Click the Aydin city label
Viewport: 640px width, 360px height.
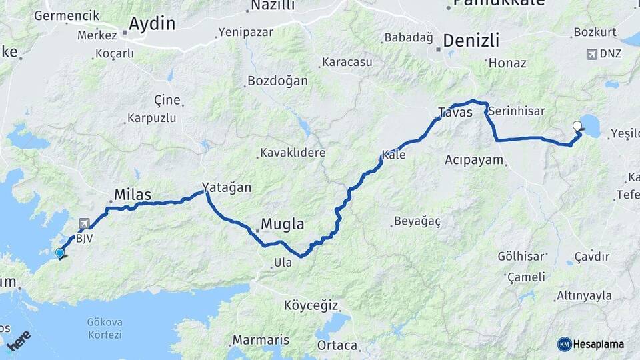152,25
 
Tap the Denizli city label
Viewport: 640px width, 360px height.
471,40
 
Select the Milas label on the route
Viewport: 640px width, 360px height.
133,195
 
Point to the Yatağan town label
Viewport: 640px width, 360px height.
227,187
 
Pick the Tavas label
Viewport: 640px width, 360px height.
455,112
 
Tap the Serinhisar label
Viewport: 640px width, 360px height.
517,112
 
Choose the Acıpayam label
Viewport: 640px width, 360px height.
474,160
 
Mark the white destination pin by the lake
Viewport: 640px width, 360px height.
577,125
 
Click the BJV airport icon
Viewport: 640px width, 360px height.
84,224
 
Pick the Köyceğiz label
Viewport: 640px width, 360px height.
311,306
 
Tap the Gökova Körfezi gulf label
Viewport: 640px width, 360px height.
105,327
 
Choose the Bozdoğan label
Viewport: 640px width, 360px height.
277,81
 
